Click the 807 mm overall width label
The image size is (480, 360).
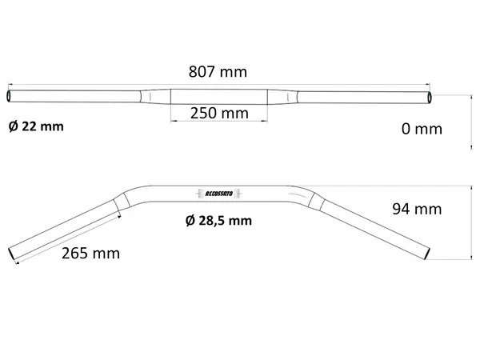(218, 72)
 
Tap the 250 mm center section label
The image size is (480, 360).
(218, 113)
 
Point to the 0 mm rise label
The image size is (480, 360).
(421, 129)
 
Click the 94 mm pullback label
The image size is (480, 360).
(417, 209)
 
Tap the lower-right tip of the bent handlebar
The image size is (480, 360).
(429, 254)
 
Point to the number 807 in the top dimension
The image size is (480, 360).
(203, 72)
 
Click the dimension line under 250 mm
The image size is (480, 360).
(218, 122)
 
